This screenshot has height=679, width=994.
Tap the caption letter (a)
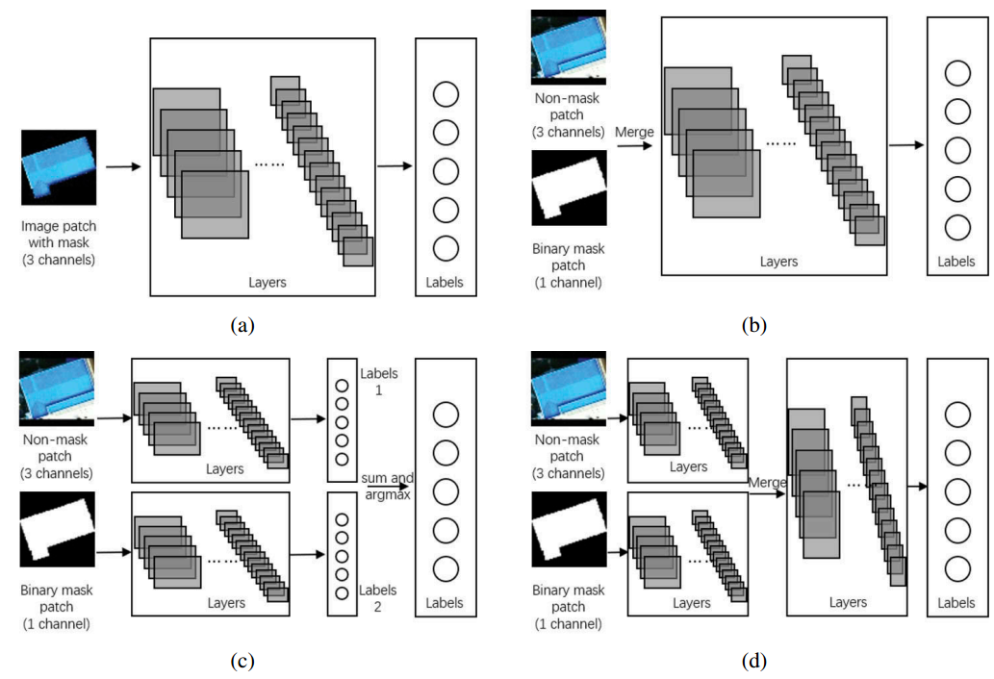pos(242,325)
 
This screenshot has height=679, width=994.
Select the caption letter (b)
pos(754,325)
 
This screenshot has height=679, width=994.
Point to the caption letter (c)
pos(242,660)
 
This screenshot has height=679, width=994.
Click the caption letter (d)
pos(754,660)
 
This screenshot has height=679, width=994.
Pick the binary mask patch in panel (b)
pos(568,193)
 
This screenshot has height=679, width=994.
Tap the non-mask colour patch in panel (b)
pos(568,47)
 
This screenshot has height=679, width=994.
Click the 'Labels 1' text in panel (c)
pos(376,382)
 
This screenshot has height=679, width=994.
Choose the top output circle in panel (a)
pos(446,94)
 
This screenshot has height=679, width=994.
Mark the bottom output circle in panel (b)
pos(956,228)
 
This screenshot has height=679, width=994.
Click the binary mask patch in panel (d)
pos(568,525)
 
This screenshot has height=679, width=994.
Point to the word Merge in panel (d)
pos(768,481)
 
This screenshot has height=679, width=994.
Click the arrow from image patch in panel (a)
pos(122,167)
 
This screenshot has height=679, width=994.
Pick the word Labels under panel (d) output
pos(956,603)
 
